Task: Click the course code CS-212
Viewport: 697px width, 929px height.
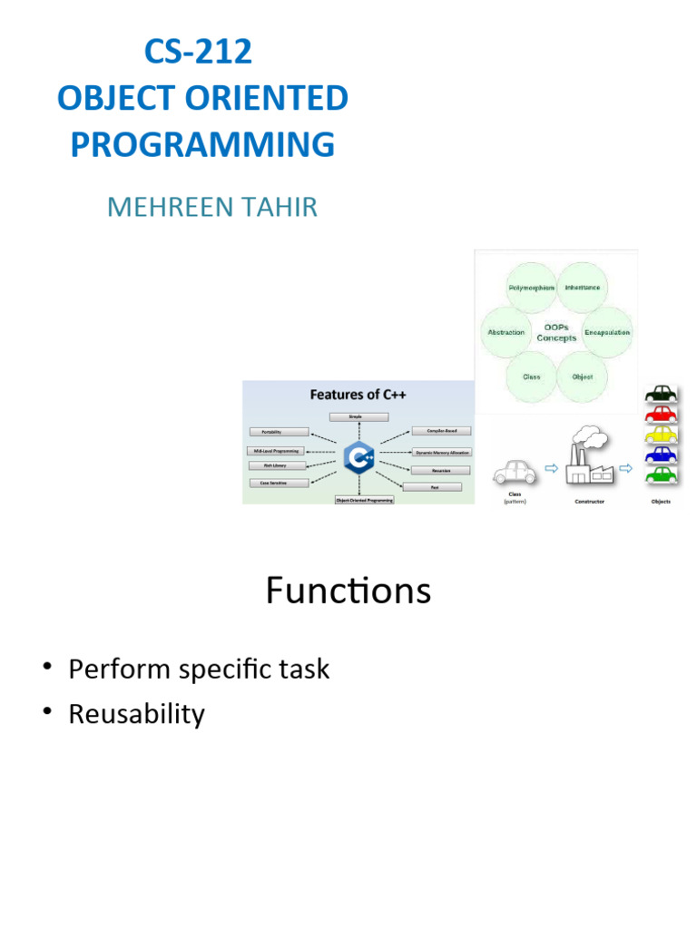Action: click(198, 53)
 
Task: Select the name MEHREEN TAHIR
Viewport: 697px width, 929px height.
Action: click(212, 207)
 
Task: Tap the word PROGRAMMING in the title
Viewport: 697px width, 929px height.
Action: click(202, 145)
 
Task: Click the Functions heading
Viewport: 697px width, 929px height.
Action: click(348, 591)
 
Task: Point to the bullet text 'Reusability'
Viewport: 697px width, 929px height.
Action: click(137, 714)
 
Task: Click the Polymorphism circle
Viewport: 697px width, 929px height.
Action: click(531, 288)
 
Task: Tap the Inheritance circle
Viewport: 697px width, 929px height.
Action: click(582, 288)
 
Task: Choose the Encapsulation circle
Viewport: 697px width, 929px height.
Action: click(607, 332)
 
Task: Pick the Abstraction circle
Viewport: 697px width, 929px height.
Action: click(506, 332)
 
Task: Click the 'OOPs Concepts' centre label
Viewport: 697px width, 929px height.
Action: click(556, 332)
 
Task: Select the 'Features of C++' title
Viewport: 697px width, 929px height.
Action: click(358, 395)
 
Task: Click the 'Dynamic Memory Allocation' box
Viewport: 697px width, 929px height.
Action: click(442, 451)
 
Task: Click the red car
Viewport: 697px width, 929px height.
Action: click(662, 415)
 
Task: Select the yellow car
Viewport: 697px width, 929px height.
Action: click(662, 435)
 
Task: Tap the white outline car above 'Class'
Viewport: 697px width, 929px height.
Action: click(515, 471)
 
